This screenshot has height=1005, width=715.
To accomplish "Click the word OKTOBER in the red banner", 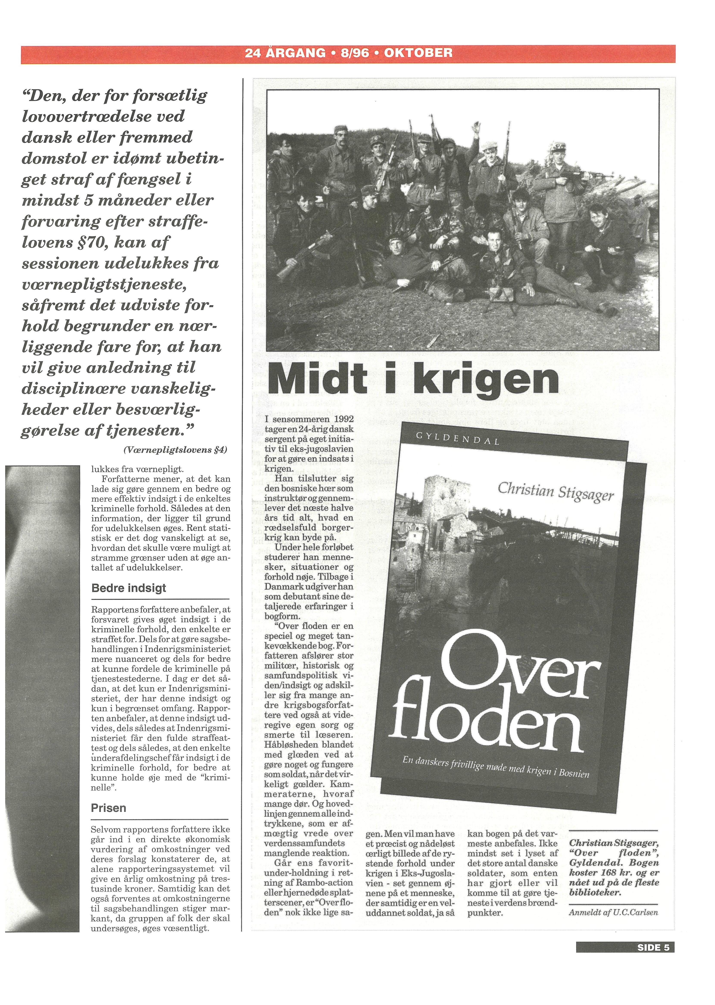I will pyautogui.click(x=418, y=53).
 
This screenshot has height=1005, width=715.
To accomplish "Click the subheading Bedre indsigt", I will pyautogui.click(x=129, y=588).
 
